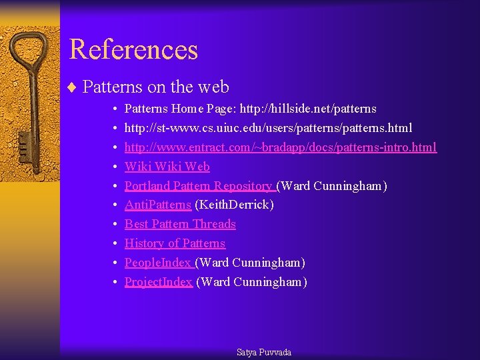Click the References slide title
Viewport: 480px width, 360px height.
point(133,49)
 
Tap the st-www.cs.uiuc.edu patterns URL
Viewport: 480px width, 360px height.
point(268,128)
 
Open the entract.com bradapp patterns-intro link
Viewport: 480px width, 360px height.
point(280,147)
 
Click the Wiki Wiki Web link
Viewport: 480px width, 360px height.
point(167,167)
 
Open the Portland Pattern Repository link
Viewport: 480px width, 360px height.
point(199,186)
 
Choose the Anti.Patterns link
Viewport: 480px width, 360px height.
point(158,205)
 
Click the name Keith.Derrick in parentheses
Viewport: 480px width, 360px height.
point(234,205)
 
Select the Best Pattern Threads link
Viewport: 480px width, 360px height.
point(180,224)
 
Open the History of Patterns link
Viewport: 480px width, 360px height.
point(175,243)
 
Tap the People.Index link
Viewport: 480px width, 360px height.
point(158,263)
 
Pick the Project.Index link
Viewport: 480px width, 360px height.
point(159,282)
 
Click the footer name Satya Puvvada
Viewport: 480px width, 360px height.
point(264,352)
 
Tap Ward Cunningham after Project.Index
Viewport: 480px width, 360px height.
point(251,282)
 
